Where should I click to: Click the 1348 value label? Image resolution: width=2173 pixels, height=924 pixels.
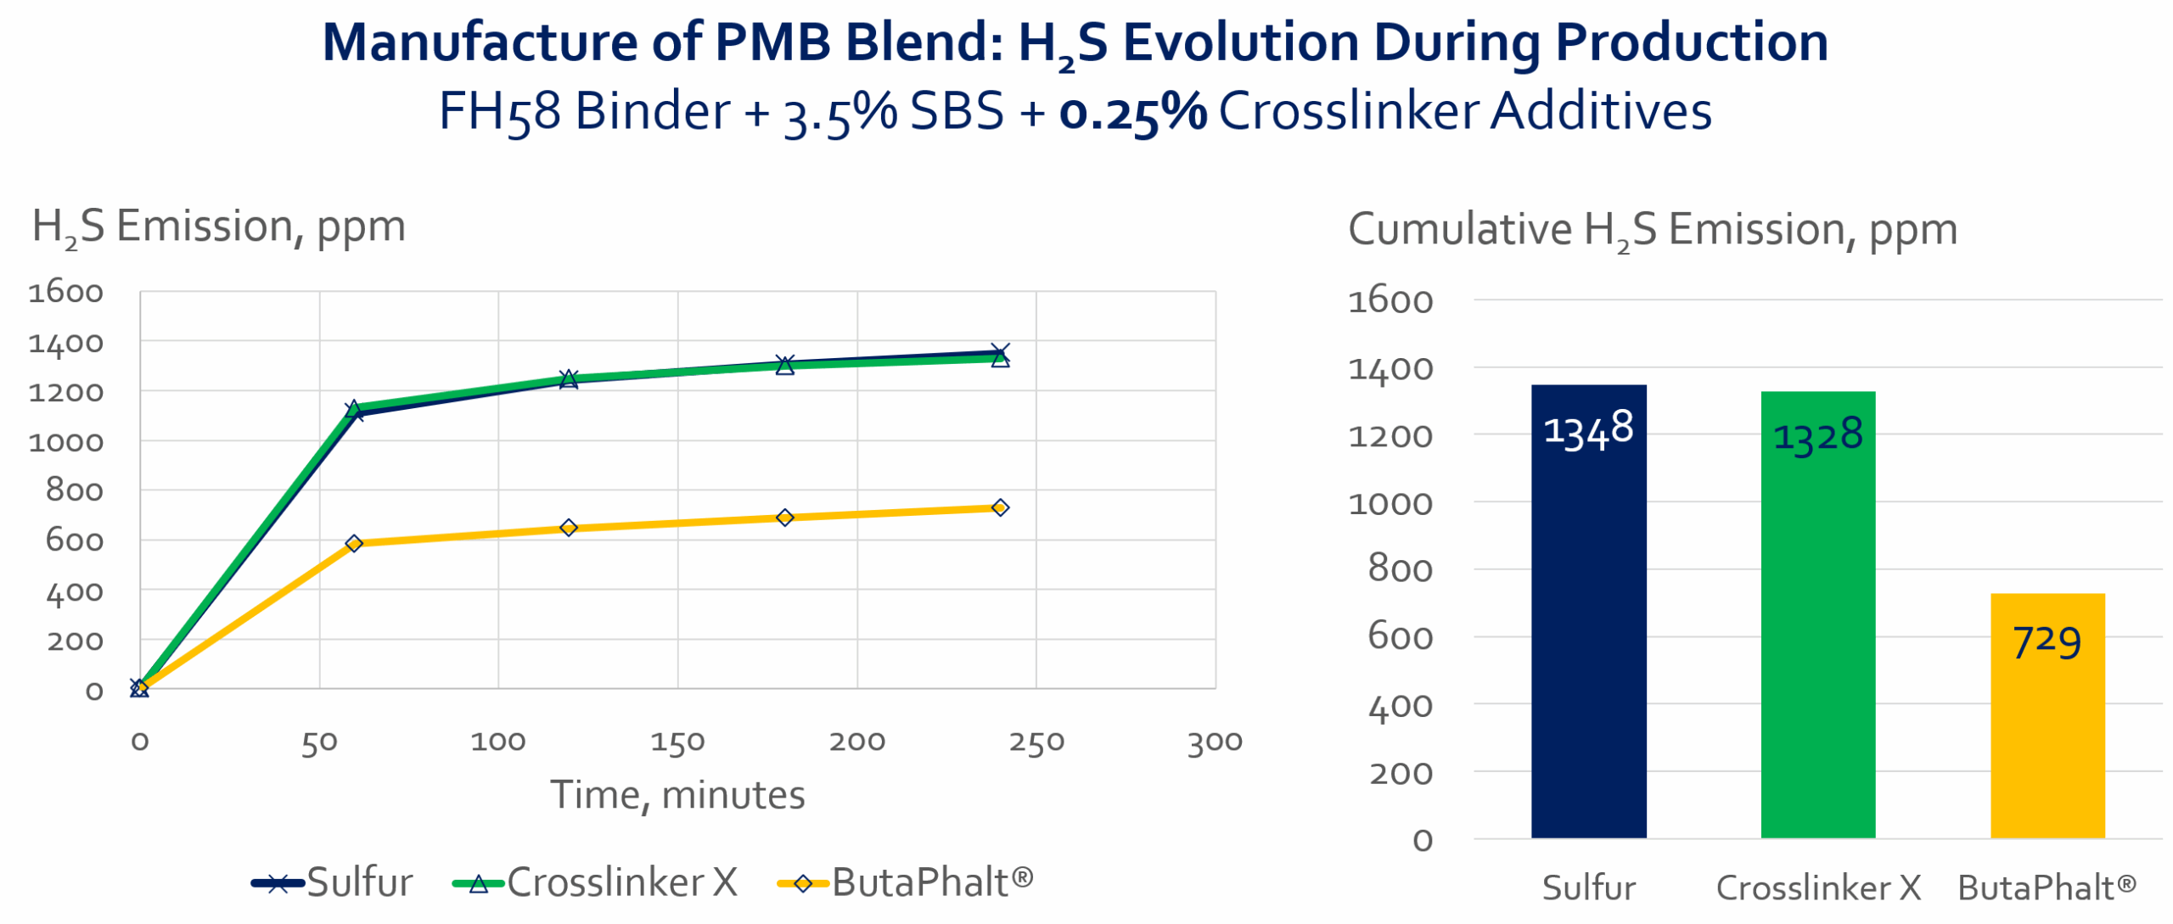tap(1587, 429)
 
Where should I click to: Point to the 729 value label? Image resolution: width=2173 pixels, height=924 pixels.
tap(2047, 641)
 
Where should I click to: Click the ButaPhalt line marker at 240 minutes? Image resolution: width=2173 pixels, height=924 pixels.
tap(1000, 507)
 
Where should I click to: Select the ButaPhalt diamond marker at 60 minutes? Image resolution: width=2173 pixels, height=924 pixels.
tap(354, 543)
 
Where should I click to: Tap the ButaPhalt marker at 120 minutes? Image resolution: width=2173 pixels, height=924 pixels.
tap(569, 528)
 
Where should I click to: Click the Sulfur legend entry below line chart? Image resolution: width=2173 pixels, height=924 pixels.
tap(333, 882)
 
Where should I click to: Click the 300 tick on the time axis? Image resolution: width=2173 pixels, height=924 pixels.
tap(1215, 742)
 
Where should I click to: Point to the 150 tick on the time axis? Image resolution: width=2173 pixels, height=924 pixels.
tap(677, 742)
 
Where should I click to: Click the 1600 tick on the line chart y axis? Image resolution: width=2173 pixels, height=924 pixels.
tap(65, 293)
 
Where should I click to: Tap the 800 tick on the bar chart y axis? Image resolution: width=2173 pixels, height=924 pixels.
tap(1399, 569)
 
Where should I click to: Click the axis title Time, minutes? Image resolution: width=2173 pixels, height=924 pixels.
tap(677, 795)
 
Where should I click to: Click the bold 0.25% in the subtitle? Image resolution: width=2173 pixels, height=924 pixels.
tap(1132, 112)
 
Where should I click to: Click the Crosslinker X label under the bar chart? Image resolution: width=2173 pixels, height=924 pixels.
tap(1817, 888)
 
